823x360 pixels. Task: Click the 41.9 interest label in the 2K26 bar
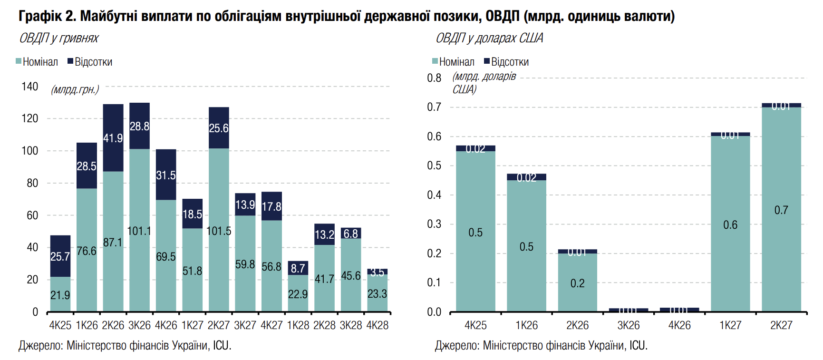(113, 138)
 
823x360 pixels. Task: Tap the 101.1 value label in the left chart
(139, 231)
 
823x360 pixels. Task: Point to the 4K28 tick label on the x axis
(378, 325)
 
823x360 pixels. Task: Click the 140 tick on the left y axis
(30, 87)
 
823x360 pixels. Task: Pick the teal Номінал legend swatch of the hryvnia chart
(19, 61)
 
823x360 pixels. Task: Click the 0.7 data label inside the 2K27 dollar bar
(781, 210)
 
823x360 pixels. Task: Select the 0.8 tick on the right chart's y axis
(434, 78)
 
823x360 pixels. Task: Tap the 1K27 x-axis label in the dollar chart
(730, 325)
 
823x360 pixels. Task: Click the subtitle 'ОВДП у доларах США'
(489, 38)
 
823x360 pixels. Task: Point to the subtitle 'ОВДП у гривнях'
(59, 38)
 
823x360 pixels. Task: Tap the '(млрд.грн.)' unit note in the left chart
(75, 89)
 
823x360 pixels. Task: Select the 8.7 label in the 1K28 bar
(298, 269)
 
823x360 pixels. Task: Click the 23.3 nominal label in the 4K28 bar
(378, 294)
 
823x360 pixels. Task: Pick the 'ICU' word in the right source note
(638, 345)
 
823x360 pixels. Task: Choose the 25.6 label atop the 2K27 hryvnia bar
(219, 128)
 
